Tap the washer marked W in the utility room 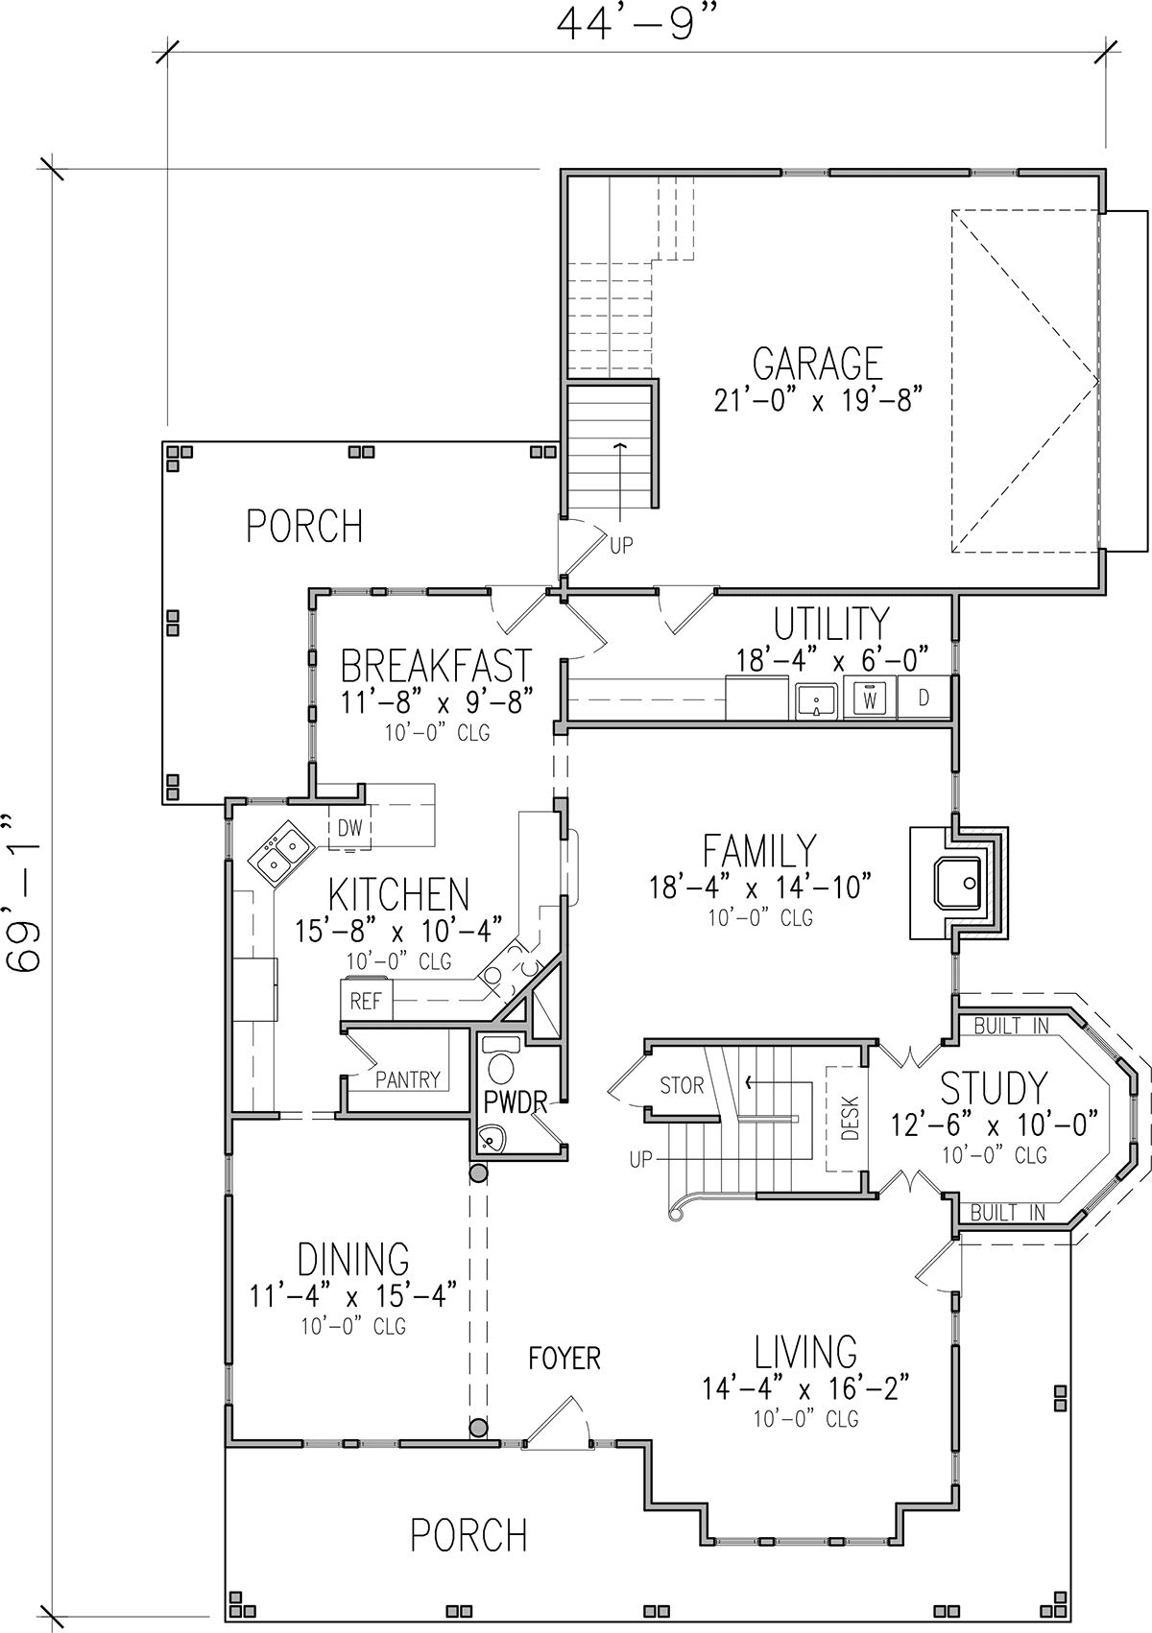[870, 698]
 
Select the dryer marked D [924, 698]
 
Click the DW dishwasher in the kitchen [349, 827]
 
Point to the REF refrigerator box [367, 1000]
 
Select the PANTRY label [408, 1079]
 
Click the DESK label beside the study [851, 1119]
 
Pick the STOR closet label [682, 1085]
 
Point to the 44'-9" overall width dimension [633, 25]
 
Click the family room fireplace [959, 883]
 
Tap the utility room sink [817, 699]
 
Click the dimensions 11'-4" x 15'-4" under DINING [353, 1296]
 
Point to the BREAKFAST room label [436, 665]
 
